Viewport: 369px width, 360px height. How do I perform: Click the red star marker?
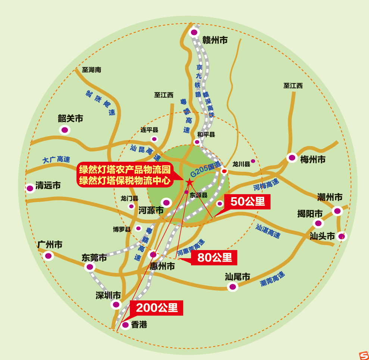click(x=190, y=182)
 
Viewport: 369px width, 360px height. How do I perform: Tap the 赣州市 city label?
click(x=215, y=40)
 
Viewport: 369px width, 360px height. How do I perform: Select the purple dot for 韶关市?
click(x=65, y=130)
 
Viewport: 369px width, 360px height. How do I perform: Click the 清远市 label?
click(x=48, y=185)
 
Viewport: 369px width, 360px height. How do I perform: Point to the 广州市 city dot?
click(x=48, y=256)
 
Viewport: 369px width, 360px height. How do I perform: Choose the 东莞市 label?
click(x=94, y=258)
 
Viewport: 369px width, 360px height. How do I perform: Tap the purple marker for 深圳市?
click(x=116, y=304)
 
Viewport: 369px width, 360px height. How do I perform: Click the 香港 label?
click(x=139, y=325)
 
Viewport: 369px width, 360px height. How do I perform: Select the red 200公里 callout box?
click(x=157, y=308)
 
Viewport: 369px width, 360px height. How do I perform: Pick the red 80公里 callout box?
click(x=215, y=257)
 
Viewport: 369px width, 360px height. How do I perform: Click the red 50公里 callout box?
click(x=247, y=202)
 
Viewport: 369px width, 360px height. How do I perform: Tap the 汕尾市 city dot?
click(x=232, y=287)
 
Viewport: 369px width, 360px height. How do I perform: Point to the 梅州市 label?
click(x=313, y=160)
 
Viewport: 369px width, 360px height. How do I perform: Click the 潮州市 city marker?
click(x=337, y=211)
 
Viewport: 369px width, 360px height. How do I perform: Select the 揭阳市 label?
click(x=310, y=214)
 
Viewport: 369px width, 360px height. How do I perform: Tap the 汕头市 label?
click(x=322, y=236)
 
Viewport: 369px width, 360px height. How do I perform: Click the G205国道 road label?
click(x=205, y=170)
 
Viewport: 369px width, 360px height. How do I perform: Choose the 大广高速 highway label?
click(x=56, y=160)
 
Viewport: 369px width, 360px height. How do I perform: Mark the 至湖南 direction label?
click(x=91, y=70)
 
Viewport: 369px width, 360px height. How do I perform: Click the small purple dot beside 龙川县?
click(x=253, y=161)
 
